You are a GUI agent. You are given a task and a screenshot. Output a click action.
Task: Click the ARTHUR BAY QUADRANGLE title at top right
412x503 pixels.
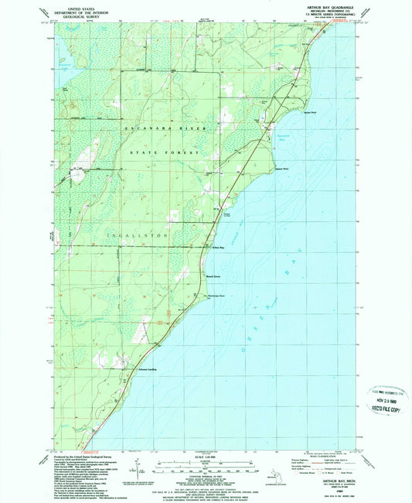point(332,5)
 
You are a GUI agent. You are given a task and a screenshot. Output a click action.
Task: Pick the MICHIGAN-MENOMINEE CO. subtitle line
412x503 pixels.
point(332,10)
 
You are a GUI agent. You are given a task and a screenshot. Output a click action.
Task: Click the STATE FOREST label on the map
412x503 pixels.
point(171,155)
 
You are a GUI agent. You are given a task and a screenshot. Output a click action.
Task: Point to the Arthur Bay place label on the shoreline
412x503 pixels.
point(217,248)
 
